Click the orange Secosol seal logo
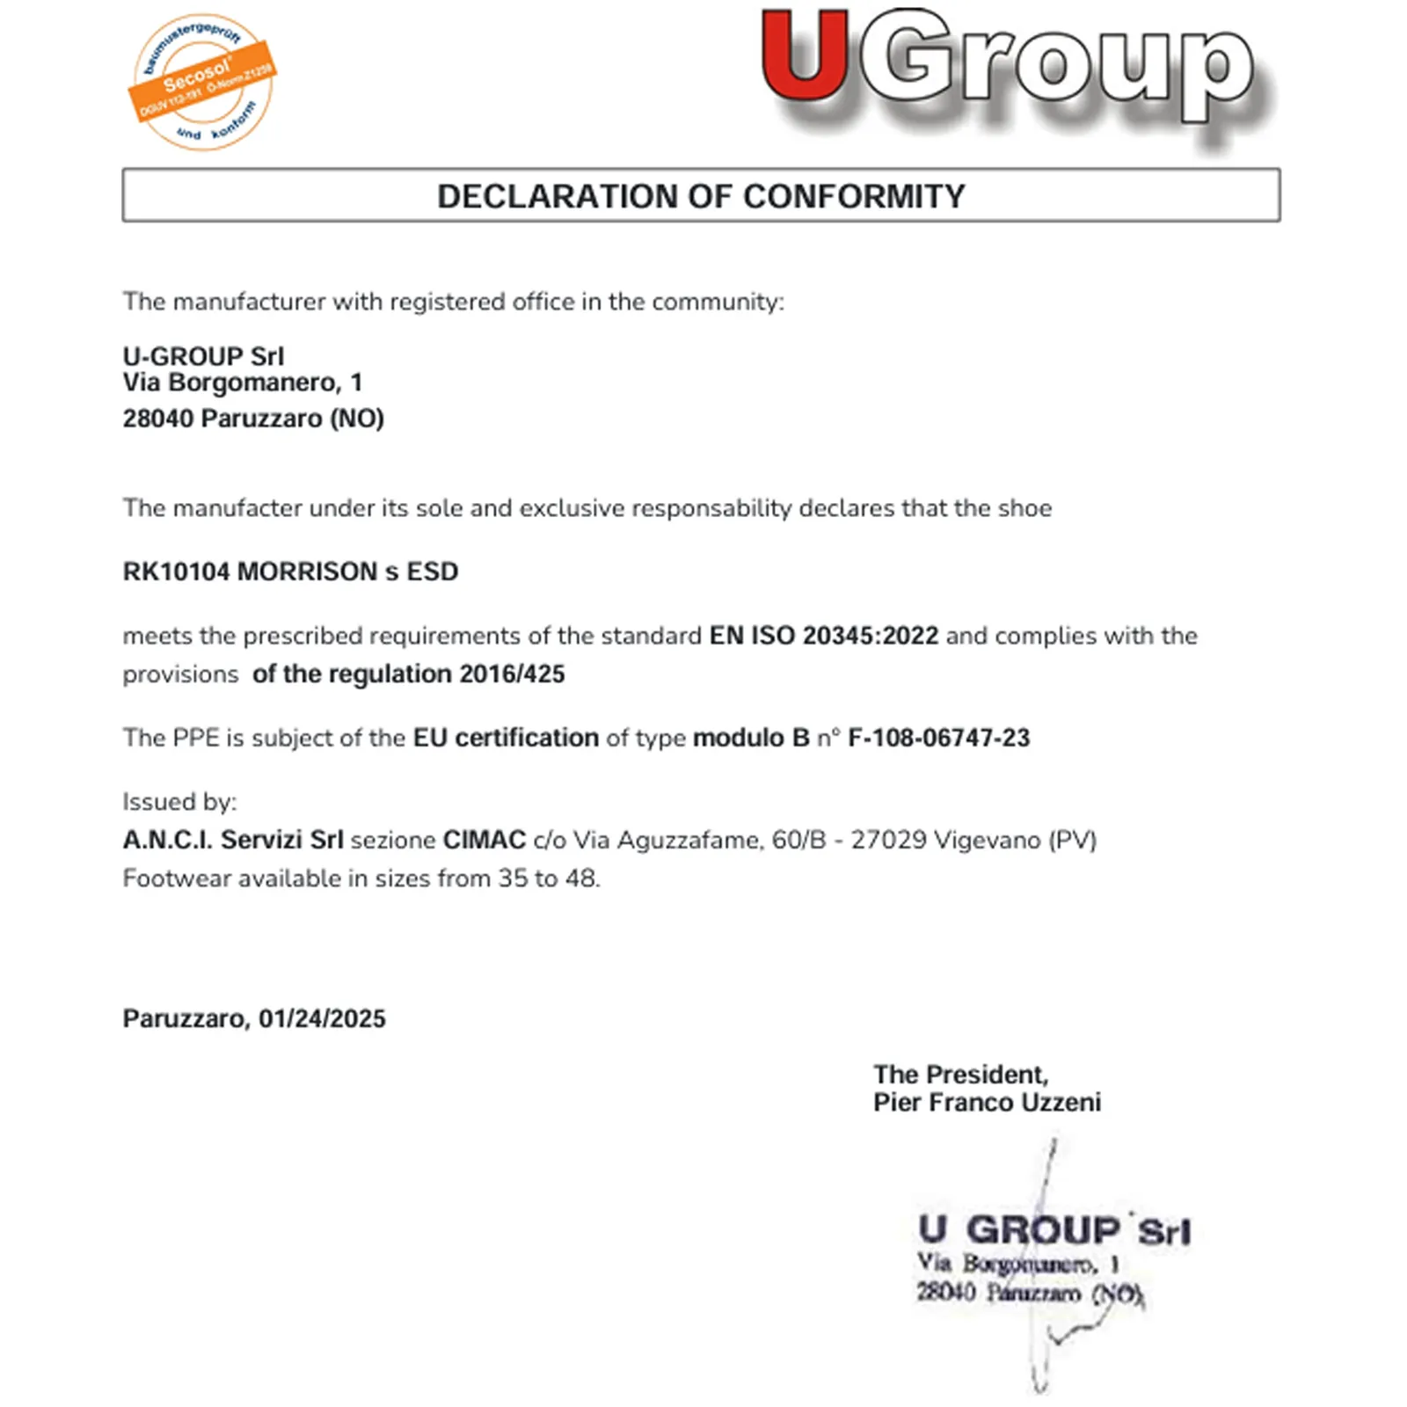point(203,82)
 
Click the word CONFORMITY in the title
point(854,196)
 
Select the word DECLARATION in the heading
point(558,196)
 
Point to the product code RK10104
point(176,572)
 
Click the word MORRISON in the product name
point(307,572)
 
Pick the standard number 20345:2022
point(871,636)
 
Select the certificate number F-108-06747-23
point(938,738)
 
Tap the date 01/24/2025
point(322,1018)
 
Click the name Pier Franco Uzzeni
point(987,1103)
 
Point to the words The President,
point(960,1075)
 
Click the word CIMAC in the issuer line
point(484,840)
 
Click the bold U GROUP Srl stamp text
point(1053,1230)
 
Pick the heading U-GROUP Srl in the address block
point(203,356)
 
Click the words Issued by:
point(179,802)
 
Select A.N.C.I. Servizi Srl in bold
point(233,840)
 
